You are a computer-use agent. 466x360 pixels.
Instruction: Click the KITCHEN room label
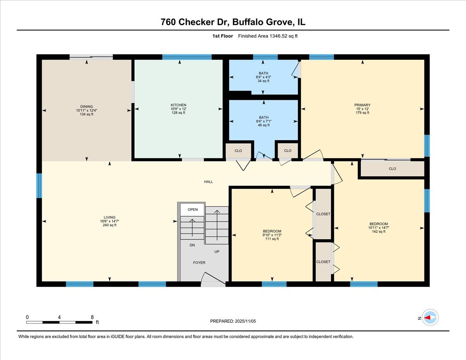(x=178, y=105)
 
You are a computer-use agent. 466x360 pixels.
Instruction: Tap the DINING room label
(x=87, y=106)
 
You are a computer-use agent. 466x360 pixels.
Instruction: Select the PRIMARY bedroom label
(x=362, y=105)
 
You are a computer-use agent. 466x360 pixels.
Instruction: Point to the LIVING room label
(x=110, y=217)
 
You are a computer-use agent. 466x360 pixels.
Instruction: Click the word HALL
(x=209, y=182)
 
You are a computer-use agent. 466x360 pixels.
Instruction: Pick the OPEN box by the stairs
(x=193, y=210)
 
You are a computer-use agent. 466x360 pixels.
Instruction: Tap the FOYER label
(x=199, y=263)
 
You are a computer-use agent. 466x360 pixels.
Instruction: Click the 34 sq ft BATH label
(x=263, y=73)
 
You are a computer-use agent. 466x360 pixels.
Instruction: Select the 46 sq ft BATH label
(x=263, y=118)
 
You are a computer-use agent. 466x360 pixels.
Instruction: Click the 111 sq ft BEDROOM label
(x=272, y=231)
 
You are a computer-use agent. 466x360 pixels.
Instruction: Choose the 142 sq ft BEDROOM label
(x=378, y=224)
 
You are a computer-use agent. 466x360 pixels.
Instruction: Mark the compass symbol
(x=430, y=317)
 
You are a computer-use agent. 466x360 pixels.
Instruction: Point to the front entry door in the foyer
(x=213, y=280)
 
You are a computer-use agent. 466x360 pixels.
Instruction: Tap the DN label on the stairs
(x=192, y=245)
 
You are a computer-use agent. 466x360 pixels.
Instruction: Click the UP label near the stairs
(x=217, y=252)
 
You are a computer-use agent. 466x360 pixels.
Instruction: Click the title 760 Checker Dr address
(x=233, y=22)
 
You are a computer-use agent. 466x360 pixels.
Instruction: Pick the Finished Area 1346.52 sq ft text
(x=268, y=36)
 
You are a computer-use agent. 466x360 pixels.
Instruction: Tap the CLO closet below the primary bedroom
(x=392, y=169)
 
